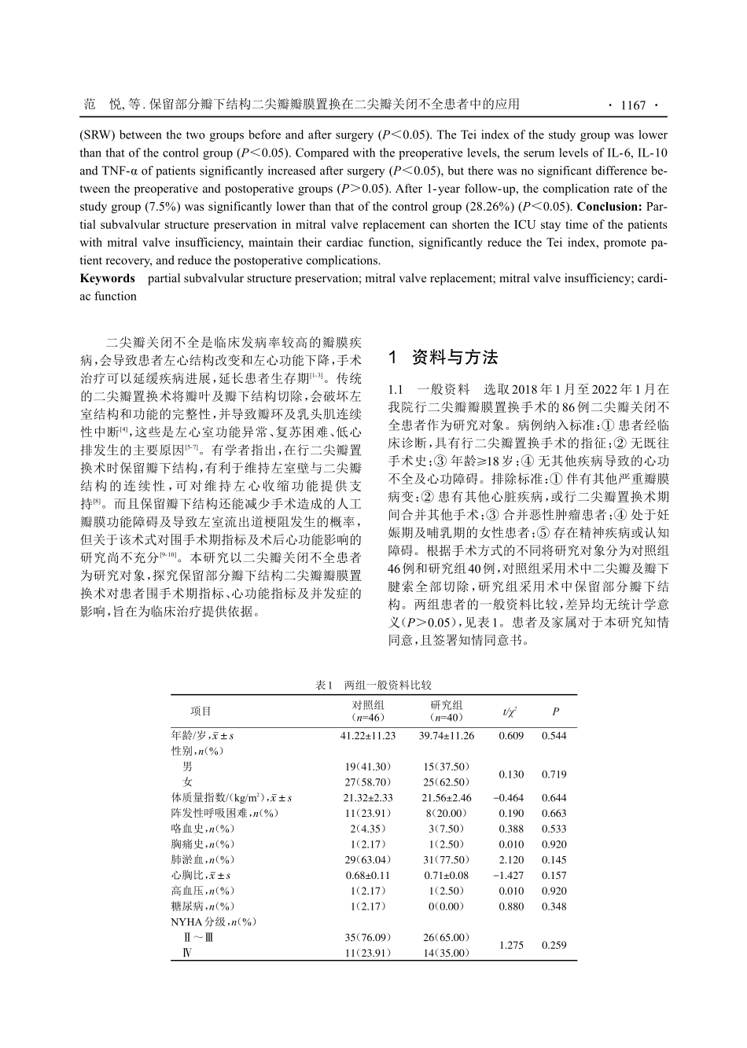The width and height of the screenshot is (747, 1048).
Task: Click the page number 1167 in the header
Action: (632, 105)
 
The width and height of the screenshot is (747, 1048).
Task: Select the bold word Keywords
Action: (108, 278)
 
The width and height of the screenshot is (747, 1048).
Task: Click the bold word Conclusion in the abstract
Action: (609, 207)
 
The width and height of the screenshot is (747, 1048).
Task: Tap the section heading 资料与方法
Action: (454, 358)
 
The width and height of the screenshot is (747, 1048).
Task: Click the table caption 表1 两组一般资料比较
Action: (373, 686)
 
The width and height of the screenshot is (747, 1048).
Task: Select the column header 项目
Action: (201, 712)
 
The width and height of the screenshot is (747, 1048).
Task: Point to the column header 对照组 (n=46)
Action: (367, 712)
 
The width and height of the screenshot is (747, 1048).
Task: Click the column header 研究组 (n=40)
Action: (447, 712)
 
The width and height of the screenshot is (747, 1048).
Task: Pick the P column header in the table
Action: (554, 712)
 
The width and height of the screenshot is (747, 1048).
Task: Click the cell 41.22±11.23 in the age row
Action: (367, 736)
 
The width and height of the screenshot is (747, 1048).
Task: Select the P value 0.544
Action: (554, 736)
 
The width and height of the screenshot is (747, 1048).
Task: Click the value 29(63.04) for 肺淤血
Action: (367, 859)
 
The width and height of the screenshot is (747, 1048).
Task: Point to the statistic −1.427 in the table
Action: (511, 875)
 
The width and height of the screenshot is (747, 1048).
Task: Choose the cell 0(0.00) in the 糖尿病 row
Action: (447, 906)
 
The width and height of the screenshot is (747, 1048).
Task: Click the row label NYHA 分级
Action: (203, 921)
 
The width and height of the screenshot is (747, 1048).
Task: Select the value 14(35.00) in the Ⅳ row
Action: (447, 953)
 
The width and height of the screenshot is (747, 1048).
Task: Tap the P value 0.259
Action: (554, 945)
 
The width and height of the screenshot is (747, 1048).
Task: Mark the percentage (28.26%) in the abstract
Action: (491, 207)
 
